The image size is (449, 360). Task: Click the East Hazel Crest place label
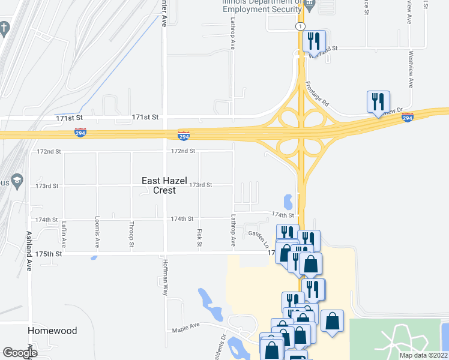coord(159,185)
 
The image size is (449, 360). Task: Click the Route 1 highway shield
coord(301,26)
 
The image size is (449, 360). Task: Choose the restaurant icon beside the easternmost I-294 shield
coord(378,101)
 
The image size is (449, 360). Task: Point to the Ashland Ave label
coord(28,251)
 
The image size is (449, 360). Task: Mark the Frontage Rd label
coord(317,94)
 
